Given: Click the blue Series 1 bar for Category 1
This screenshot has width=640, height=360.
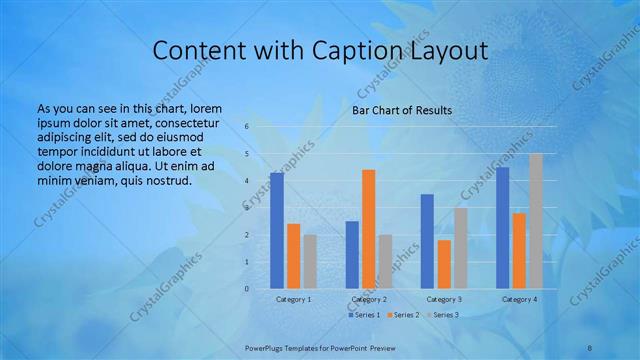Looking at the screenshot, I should pos(277,230).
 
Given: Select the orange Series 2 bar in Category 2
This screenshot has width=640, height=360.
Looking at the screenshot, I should pos(368,229).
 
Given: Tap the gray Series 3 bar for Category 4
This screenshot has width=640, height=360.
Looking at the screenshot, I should pos(536,221).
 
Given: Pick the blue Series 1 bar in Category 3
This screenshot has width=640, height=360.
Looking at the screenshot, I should pos(427,241).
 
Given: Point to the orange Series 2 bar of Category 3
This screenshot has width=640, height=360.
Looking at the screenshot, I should pos(444,264).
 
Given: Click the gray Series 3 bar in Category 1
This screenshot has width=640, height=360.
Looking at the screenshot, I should pos(310,261).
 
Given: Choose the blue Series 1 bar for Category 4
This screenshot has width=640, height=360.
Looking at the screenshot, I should pos(502,227).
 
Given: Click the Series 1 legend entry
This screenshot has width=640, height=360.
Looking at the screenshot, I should pos(364,315).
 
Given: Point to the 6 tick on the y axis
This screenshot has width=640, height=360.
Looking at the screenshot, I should pos(246,127).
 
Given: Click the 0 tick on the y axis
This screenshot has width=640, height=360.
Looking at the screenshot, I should pos(246,288).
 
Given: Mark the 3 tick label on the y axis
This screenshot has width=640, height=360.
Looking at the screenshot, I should pos(246,208).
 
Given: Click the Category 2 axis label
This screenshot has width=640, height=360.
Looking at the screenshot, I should pos(369,299).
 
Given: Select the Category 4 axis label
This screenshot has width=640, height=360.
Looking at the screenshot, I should pos(519,299).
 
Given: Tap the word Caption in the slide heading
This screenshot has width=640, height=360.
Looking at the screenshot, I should pos(356,51).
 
